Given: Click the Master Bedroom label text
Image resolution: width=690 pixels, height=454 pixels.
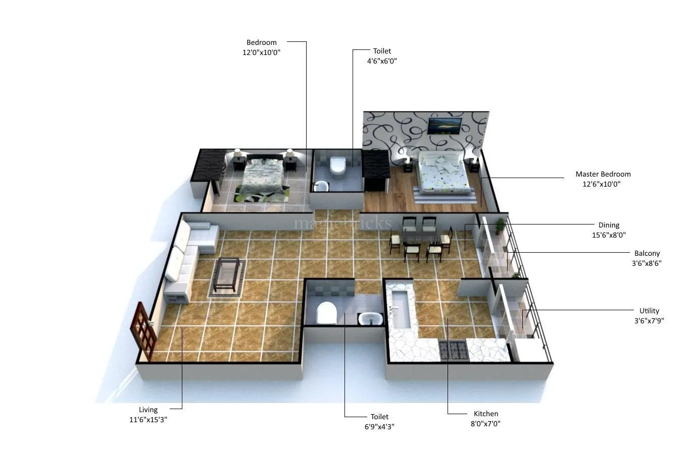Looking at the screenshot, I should (x=603, y=174).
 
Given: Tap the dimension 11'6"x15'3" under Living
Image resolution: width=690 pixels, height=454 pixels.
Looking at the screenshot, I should (x=148, y=420).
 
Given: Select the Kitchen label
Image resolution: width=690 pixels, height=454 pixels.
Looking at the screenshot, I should (x=485, y=414).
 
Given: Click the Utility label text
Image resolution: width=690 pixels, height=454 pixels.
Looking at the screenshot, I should (x=649, y=311).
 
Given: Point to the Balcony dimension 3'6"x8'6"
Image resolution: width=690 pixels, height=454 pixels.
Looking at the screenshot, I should (x=647, y=263).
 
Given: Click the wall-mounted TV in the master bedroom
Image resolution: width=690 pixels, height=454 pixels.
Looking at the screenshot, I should (x=444, y=126).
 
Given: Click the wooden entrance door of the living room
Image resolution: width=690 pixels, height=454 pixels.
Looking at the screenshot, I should (x=143, y=330).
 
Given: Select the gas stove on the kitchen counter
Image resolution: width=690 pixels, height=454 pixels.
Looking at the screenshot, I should (x=453, y=350).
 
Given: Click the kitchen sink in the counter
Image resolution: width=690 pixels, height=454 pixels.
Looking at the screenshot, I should (x=401, y=308).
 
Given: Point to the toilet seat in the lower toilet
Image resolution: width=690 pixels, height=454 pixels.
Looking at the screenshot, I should (x=326, y=313).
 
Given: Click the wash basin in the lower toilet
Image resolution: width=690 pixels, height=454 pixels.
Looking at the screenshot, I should (x=370, y=319).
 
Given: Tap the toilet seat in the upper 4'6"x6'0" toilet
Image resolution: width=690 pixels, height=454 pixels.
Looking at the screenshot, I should (x=337, y=167).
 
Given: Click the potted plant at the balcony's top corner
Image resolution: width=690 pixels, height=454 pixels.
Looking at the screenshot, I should (x=500, y=225).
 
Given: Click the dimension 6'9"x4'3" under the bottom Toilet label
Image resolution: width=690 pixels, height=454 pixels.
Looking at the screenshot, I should (x=379, y=427).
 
